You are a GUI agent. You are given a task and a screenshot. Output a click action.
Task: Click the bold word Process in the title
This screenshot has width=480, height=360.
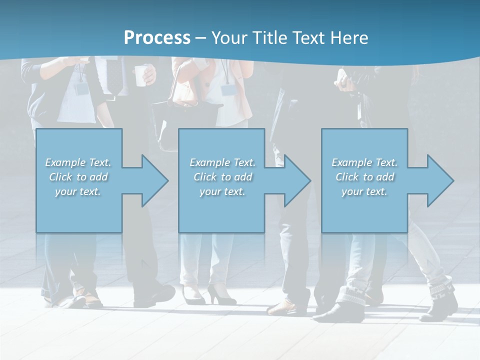coord(157,38)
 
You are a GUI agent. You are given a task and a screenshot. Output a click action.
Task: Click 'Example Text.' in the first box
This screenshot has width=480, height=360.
coord(78,162)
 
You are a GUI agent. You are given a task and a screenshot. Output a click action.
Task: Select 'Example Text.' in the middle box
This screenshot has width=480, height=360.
coord(222,162)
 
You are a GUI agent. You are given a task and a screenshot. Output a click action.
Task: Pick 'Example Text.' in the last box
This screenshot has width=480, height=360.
coord(364,162)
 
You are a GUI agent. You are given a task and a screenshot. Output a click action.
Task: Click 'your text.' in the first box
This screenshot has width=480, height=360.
coord(78,191)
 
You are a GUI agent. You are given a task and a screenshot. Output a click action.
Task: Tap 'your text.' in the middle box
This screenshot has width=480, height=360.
coord(222,191)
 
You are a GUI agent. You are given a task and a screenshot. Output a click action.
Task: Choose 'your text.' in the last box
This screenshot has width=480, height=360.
coord(364,191)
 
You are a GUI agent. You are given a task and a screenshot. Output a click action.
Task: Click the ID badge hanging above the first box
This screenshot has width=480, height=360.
coord(81,89)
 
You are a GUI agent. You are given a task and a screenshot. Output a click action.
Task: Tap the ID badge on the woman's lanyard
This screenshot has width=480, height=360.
coord(228,89)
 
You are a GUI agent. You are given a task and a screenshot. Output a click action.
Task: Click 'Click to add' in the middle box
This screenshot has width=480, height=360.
coord(222,177)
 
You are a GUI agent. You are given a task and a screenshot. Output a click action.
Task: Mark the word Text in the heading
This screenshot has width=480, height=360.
coord(310,38)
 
